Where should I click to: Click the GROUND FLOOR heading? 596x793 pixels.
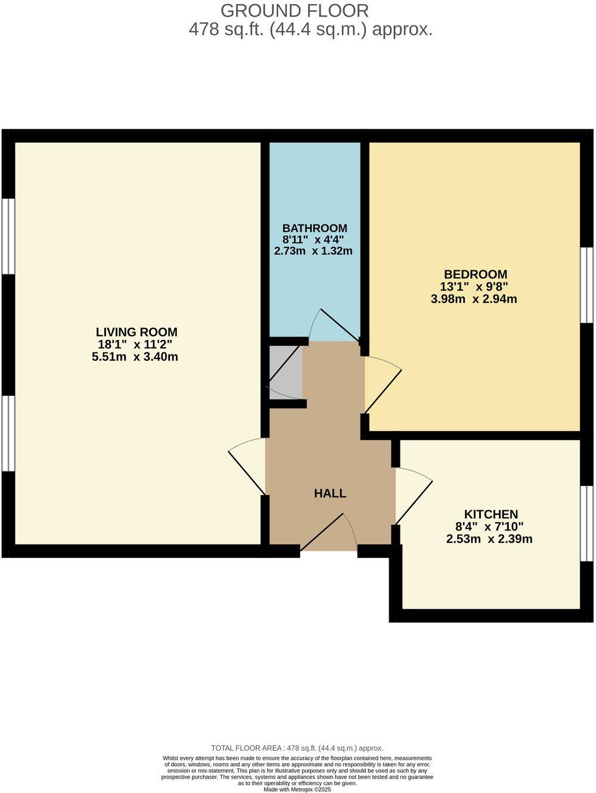pyautogui.click(x=294, y=10)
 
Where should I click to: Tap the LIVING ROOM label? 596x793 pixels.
pyautogui.click(x=137, y=332)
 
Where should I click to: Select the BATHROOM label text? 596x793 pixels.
pyautogui.click(x=315, y=228)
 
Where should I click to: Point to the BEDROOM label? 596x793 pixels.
pyautogui.click(x=476, y=274)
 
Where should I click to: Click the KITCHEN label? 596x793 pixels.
pyautogui.click(x=491, y=514)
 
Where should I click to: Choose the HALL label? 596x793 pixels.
pyautogui.click(x=330, y=493)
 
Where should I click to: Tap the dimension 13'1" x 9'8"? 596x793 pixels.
pyautogui.click(x=474, y=286)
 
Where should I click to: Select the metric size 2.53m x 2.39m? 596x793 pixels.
pyautogui.click(x=489, y=539)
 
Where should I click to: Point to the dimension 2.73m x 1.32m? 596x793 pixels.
pyautogui.click(x=313, y=251)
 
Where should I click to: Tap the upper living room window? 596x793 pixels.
pyautogui.click(x=8, y=236)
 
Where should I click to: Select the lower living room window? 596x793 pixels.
pyautogui.click(x=8, y=433)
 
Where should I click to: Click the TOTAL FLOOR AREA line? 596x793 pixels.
pyautogui.click(x=297, y=748)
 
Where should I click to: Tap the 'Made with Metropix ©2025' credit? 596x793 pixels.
pyautogui.click(x=297, y=789)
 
